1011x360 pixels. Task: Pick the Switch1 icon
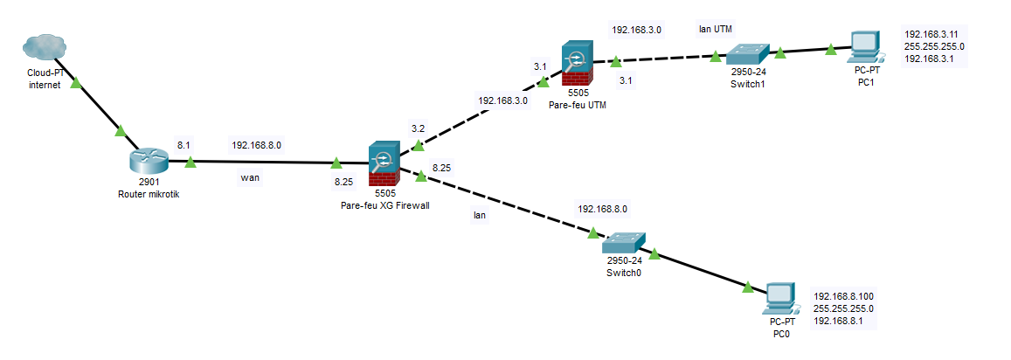point(747,53)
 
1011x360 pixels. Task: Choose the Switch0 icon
point(624,242)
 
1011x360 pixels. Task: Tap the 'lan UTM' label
point(715,29)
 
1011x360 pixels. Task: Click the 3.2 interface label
point(418,128)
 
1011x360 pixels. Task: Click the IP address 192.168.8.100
point(843,296)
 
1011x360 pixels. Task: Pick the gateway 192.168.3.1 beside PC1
point(928,59)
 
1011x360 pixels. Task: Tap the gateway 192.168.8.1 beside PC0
point(840,321)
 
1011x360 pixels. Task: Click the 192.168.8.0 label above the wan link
point(256,144)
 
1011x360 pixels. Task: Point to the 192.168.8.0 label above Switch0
point(602,209)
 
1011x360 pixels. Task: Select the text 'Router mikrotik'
point(148,194)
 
